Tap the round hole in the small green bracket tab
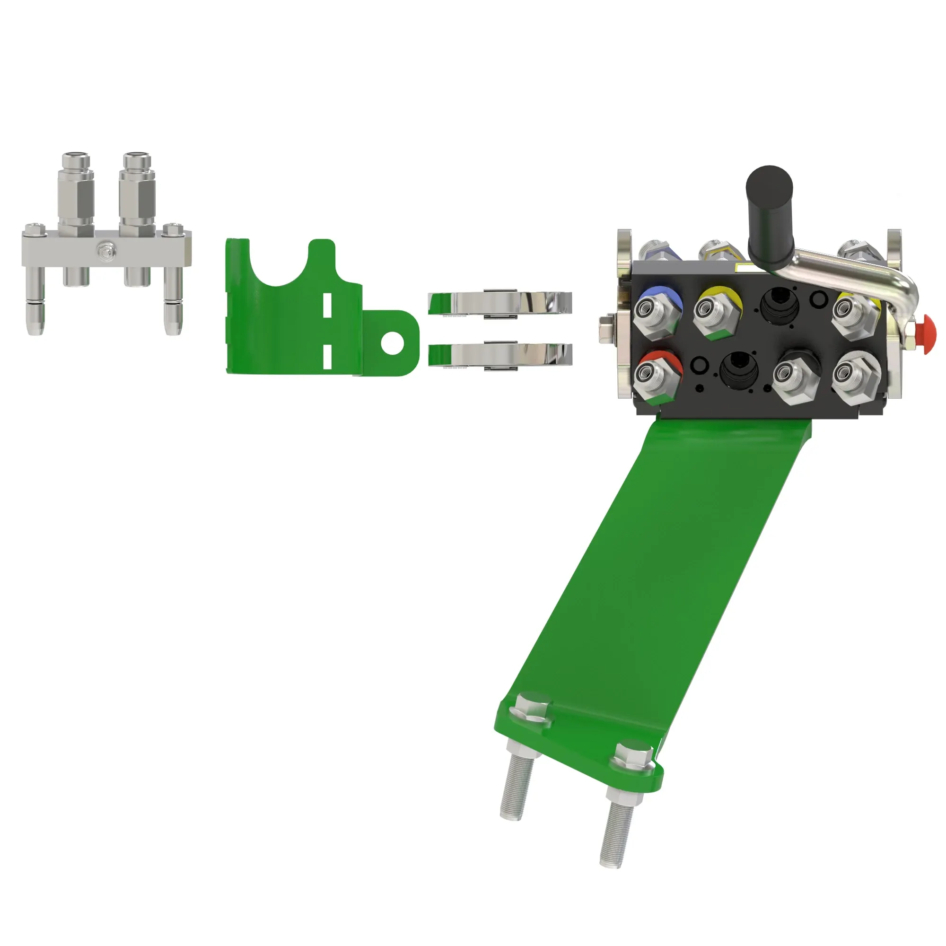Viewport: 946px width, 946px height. (393, 343)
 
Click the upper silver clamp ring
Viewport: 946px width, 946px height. (500, 302)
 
